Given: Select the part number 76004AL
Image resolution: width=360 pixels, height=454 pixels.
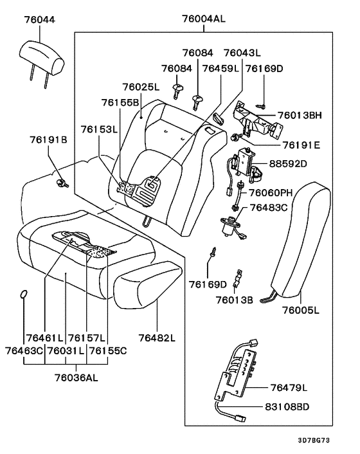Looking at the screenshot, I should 199,19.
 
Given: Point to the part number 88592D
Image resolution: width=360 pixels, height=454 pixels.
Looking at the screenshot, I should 297,163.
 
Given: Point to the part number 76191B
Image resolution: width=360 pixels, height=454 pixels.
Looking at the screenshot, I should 48,139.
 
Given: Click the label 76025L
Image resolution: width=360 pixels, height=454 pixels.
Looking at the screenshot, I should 140,86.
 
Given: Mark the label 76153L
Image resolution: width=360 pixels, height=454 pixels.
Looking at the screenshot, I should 100,129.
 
